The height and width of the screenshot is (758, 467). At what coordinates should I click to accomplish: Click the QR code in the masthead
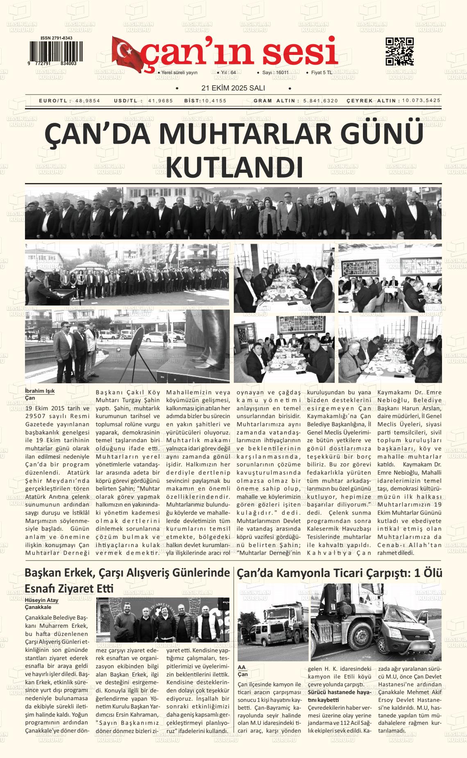399,52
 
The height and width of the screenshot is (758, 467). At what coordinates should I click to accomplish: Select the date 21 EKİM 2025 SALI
233,88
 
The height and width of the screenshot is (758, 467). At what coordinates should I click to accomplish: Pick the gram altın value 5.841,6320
321,101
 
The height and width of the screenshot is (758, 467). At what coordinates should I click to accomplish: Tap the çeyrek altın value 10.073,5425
421,100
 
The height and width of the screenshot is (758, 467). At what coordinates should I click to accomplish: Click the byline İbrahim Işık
40,391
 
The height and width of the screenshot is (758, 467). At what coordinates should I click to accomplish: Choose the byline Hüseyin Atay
42,600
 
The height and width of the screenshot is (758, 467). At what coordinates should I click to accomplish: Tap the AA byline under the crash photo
242,667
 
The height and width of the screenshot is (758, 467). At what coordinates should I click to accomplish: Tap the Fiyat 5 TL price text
322,72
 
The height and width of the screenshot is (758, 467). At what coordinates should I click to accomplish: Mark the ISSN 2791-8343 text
57,38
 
